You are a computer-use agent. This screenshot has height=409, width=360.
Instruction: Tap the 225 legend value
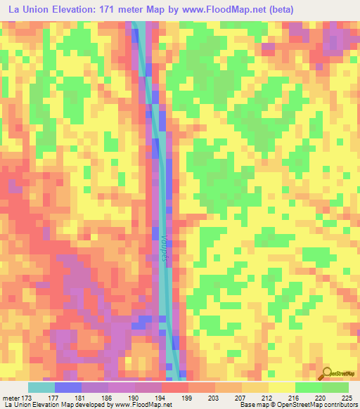click(345, 396)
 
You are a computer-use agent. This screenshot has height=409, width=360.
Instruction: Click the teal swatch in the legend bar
click(41, 387)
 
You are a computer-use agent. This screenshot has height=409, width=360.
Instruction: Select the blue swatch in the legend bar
click(67, 387)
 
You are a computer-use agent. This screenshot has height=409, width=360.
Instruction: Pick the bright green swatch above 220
click(308, 387)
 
